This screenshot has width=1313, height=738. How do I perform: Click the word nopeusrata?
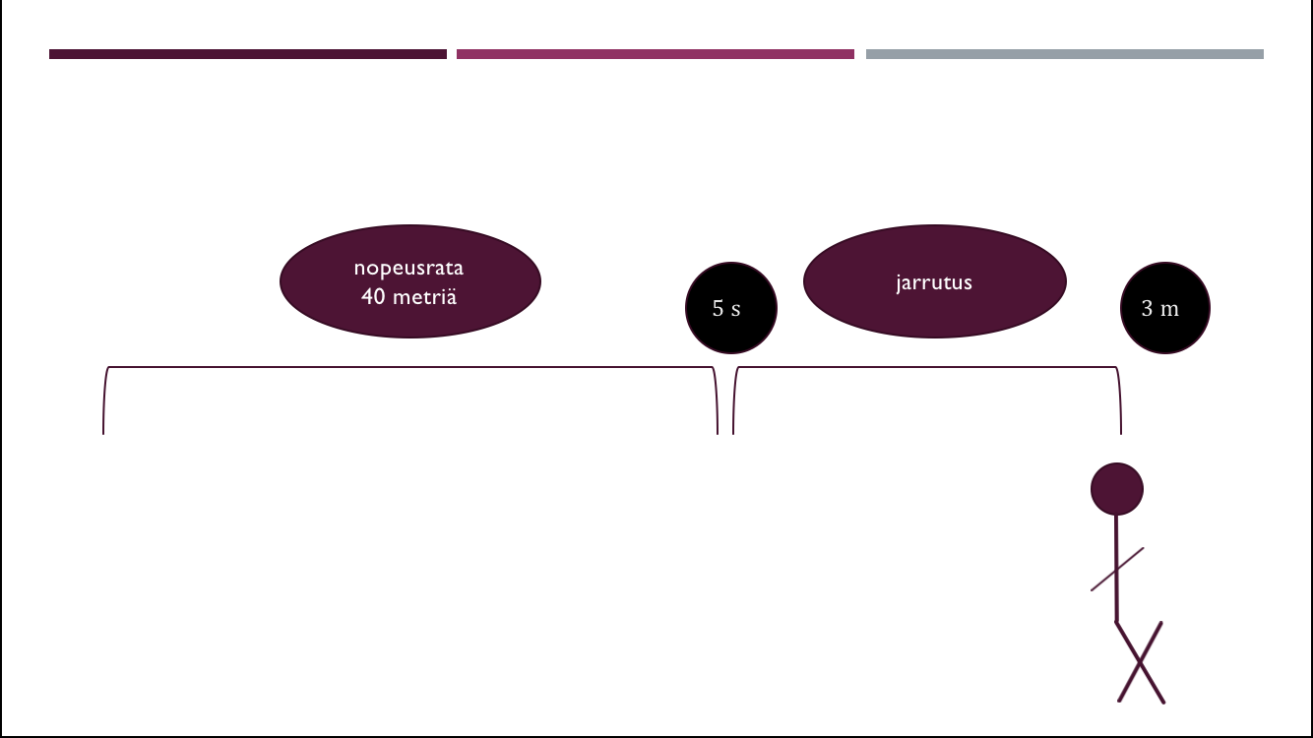pos(408,268)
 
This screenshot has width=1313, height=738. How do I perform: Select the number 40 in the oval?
pos(373,295)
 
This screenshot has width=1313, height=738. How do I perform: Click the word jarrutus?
pos(934,282)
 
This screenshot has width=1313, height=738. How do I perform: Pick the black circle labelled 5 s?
pos(730,308)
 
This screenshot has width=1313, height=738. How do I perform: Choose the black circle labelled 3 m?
pos(1165,308)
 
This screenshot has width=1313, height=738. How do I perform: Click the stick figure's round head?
pos(1116,489)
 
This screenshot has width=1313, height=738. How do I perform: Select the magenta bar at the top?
pos(656,54)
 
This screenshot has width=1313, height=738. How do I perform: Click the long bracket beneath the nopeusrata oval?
pos(409,368)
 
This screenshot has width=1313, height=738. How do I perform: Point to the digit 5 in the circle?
pos(718,308)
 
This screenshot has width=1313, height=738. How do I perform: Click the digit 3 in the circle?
pos(1147,308)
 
